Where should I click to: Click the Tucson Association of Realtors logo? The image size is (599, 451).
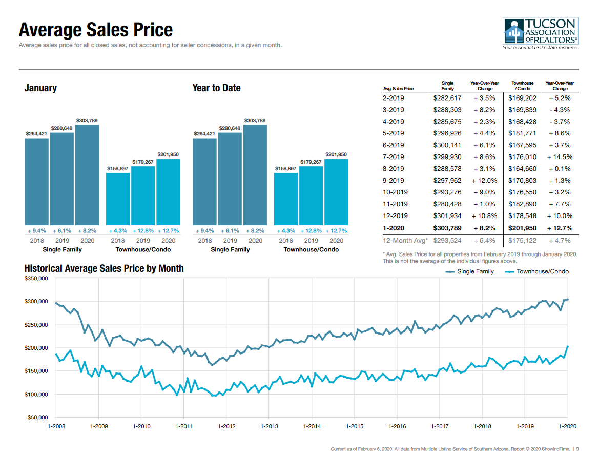(x=541, y=33)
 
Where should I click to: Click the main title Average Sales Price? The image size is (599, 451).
(x=96, y=30)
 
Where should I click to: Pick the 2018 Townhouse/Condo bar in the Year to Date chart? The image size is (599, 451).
(x=286, y=199)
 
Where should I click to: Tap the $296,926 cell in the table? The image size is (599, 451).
(x=447, y=133)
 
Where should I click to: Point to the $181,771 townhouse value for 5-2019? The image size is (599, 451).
(x=522, y=133)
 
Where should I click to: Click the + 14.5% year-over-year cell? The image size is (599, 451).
(x=560, y=157)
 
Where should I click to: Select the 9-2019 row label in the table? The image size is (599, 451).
(x=393, y=181)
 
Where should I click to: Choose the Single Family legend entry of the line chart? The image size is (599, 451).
(x=470, y=271)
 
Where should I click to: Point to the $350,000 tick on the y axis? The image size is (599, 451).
(x=35, y=278)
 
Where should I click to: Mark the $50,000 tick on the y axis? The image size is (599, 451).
(x=37, y=418)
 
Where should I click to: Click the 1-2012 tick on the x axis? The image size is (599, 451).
(x=226, y=426)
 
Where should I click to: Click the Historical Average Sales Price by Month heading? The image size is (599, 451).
(x=104, y=268)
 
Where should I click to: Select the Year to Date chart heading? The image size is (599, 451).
(x=216, y=88)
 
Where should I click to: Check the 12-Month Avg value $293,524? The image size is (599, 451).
(x=447, y=240)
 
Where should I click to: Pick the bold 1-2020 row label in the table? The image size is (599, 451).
(x=393, y=228)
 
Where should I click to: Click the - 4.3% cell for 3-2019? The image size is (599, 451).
(x=560, y=110)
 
